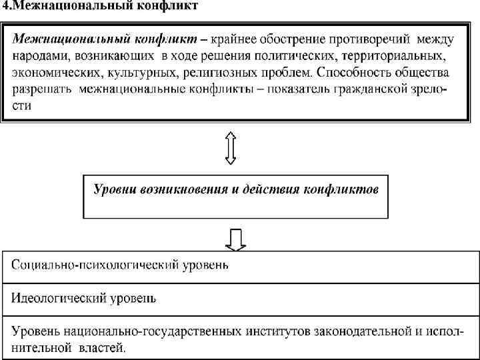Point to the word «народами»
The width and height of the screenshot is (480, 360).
41,56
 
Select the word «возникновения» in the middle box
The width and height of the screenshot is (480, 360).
177,189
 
